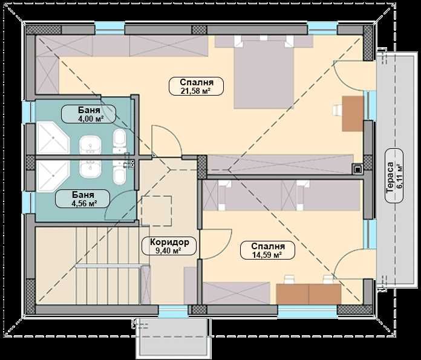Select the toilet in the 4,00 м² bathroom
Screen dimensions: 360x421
[x=120, y=140]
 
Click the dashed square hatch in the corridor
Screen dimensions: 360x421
[x=157, y=211]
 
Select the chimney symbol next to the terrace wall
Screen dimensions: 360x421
[x=358, y=169]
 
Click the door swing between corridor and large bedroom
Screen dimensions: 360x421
[x=166, y=139]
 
